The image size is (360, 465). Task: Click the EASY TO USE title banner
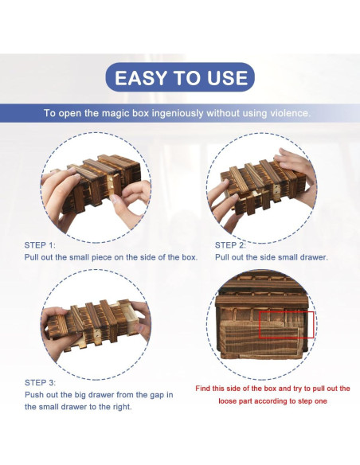[180, 77]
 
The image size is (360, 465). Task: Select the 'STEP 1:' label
[40, 245]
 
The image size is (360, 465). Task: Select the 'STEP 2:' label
[230, 245]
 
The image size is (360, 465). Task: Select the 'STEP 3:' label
[40, 382]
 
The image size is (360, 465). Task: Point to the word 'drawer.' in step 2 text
[314, 257]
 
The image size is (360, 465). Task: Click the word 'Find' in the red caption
[202, 389]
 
